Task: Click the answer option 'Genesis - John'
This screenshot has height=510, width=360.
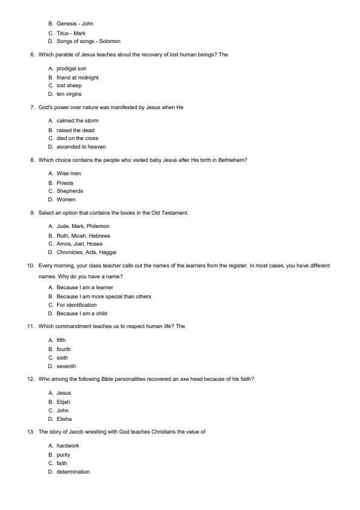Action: pyautogui.click(x=75, y=24)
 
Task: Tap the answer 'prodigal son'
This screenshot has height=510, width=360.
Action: pyautogui.click(x=71, y=69)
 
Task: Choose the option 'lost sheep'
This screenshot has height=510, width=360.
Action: pyautogui.click(x=68, y=86)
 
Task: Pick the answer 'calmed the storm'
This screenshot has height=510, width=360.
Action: pyautogui.click(x=77, y=121)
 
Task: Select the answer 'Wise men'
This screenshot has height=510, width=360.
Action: pyautogui.click(x=68, y=173)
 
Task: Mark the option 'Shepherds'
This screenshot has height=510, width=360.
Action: pyautogui.click(x=70, y=191)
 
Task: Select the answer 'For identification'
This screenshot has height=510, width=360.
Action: pyautogui.click(x=76, y=305)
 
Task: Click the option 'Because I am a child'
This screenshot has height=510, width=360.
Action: pyautogui.click(x=80, y=314)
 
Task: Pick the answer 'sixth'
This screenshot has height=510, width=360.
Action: pyautogui.click(x=62, y=358)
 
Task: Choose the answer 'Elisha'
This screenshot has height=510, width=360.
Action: pyautogui.click(x=64, y=419)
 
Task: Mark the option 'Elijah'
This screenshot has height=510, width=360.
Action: pyautogui.click(x=63, y=401)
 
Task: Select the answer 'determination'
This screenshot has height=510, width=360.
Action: pyautogui.click(x=73, y=472)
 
